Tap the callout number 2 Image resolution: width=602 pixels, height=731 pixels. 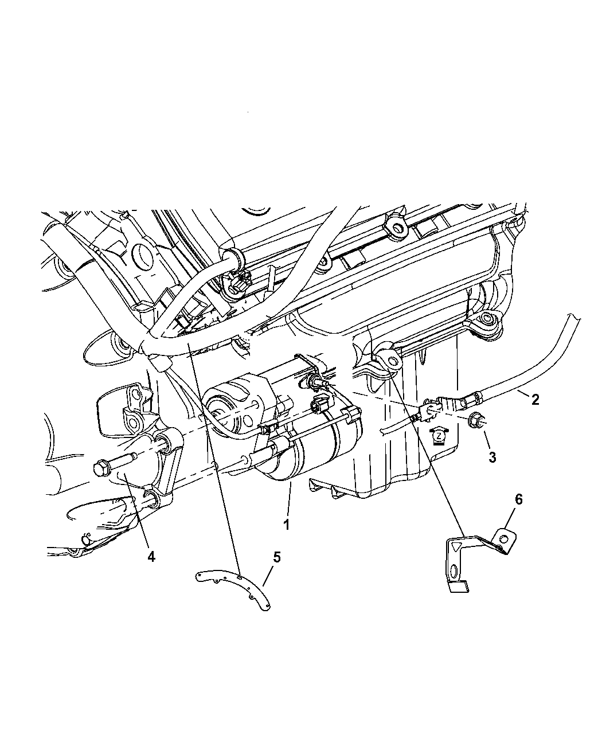click(x=534, y=399)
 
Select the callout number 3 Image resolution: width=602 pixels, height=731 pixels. click(x=492, y=457)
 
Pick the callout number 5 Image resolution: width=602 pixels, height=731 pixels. click(x=277, y=556)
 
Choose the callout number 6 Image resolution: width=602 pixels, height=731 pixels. click(x=518, y=499)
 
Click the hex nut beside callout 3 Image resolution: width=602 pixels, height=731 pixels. click(x=474, y=420)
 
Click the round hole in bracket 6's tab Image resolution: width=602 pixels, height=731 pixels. click(x=503, y=538)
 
